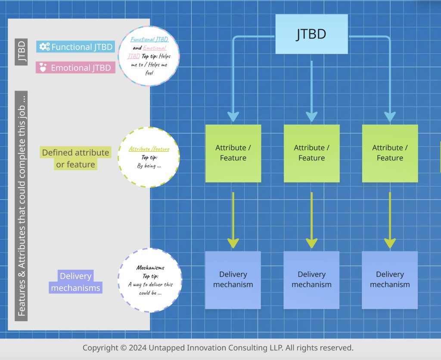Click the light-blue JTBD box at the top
coord(311,34)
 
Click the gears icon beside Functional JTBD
coord(44,47)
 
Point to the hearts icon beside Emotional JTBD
coord(43,68)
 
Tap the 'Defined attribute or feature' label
coord(75,158)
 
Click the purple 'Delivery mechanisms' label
coord(75,282)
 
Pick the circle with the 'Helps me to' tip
coord(149,56)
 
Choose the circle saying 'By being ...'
coord(149,157)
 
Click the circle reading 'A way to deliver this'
coord(150,280)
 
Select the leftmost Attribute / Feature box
coord(233,153)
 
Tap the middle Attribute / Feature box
coord(311,153)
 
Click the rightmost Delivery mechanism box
coord(390,280)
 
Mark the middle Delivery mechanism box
coord(311,280)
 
